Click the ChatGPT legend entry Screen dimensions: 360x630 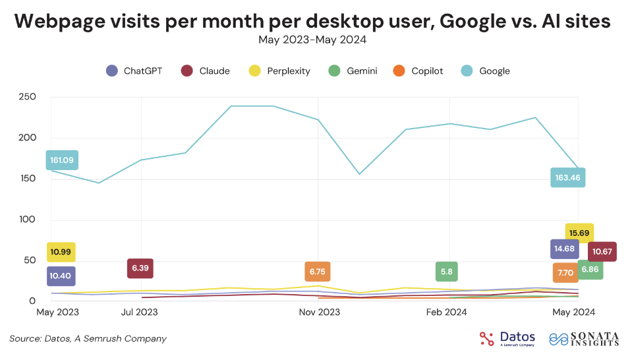tap(134, 71)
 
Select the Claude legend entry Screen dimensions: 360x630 tap(206, 71)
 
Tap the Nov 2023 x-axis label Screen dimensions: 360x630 tap(319, 312)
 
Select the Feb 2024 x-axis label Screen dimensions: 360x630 tap(447, 312)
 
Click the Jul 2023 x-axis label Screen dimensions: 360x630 tap(140, 312)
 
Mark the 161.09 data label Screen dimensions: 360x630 tap(62, 160)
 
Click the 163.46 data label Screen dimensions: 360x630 tap(567, 177)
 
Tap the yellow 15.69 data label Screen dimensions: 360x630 tap(579, 233)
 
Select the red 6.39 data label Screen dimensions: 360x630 tap(140, 268)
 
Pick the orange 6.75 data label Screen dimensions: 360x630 tap(318, 272)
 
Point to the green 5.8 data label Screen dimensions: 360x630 tap(446, 272)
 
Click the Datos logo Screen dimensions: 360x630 tap(507, 338)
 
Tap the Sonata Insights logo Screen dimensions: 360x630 tap(584, 338)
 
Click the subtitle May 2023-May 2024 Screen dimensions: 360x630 tap(312, 40)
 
